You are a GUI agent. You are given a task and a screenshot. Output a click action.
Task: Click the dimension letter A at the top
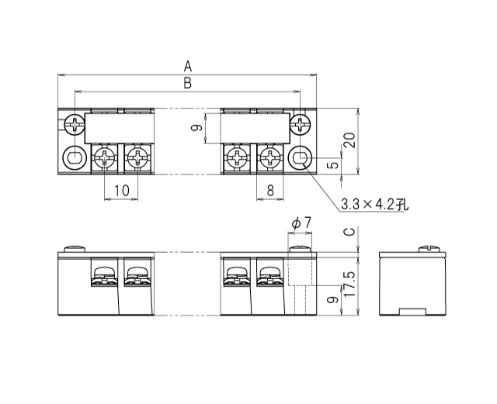[x=187, y=65]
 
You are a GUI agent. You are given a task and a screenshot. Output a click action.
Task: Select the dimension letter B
[x=187, y=82]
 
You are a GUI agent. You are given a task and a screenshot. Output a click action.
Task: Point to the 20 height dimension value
[x=349, y=140]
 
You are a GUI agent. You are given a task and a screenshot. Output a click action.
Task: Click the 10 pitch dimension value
[x=121, y=189]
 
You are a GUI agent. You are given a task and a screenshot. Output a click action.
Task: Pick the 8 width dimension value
[x=270, y=189]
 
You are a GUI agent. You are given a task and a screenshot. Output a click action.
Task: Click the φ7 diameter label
[x=301, y=223]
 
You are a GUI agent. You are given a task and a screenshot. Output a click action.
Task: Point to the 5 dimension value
[x=332, y=164]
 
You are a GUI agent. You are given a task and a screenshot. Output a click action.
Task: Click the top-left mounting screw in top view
[x=75, y=123]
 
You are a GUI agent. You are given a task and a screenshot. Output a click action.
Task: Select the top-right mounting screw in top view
[x=301, y=123]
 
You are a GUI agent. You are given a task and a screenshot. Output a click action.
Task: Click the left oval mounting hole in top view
[x=75, y=159]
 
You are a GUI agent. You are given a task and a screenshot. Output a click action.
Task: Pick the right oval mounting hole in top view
[x=301, y=159]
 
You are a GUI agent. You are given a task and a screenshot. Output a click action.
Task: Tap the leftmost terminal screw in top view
[x=105, y=160]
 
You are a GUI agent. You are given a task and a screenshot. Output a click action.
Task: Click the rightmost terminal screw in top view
[x=269, y=160]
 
